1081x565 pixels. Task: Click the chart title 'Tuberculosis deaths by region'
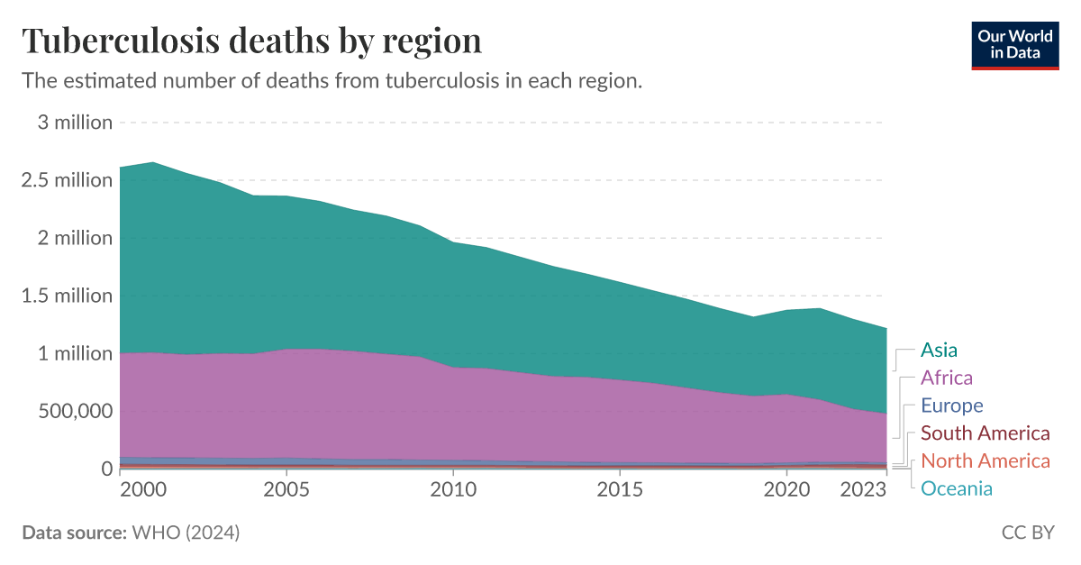point(251,41)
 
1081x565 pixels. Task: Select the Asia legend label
point(939,350)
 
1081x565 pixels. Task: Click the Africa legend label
point(946,378)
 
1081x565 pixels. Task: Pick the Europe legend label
point(951,406)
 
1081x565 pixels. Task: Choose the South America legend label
point(986,433)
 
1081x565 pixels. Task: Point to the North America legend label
point(986,461)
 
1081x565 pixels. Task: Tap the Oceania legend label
point(956,489)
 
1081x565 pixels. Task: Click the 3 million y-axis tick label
point(75,123)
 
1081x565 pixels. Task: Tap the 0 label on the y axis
point(106,469)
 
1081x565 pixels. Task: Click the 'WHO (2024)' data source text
point(186,533)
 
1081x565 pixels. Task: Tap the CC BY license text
point(1028,533)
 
